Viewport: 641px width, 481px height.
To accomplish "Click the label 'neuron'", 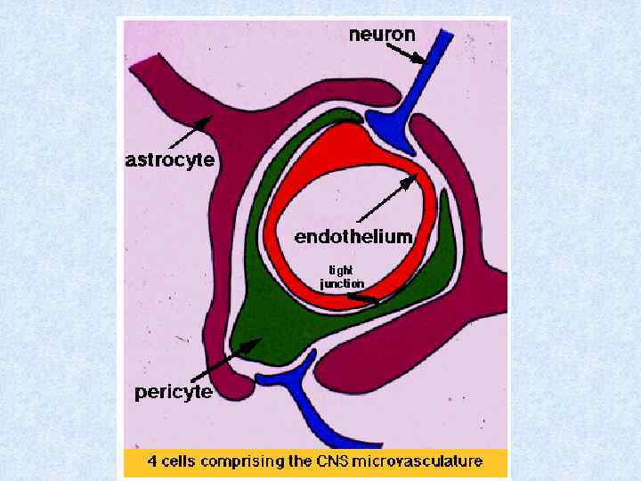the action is click(x=382, y=36).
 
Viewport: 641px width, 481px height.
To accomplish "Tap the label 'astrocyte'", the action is click(x=169, y=159).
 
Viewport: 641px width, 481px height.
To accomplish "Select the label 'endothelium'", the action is click(x=353, y=236).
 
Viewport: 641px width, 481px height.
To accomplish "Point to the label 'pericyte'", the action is click(x=173, y=392).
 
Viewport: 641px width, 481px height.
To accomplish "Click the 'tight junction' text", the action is click(x=342, y=276).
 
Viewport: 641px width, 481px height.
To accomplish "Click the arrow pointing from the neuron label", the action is click(x=407, y=55).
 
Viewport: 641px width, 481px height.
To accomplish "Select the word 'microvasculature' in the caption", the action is click(x=426, y=461).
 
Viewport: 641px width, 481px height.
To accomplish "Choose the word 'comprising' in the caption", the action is click(x=247, y=461).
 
